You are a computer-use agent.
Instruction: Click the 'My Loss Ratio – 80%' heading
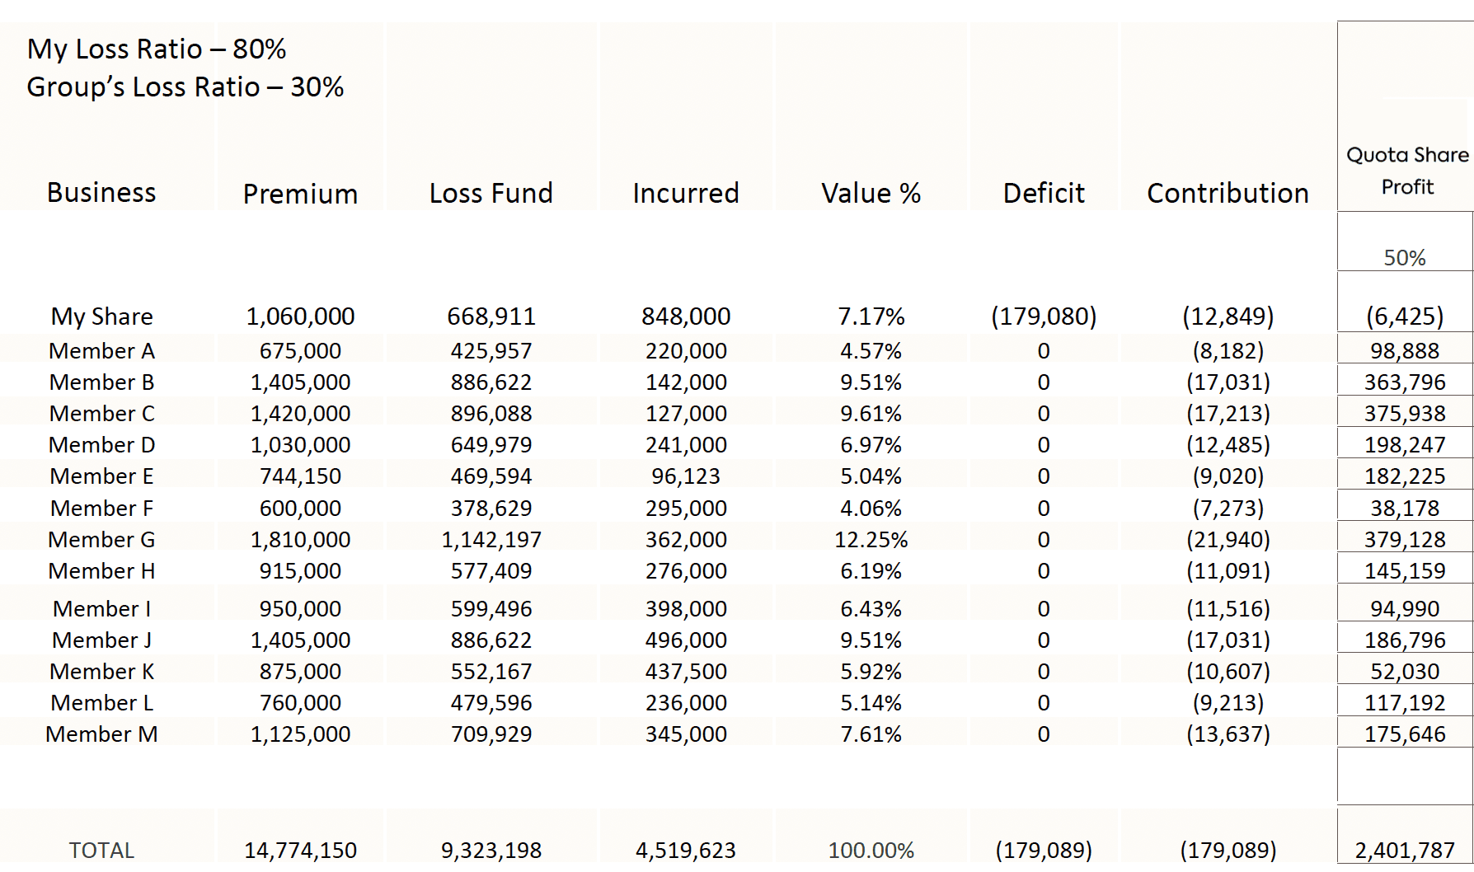(157, 49)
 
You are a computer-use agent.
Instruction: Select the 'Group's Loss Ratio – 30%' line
(185, 87)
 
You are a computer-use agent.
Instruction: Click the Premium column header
(300, 194)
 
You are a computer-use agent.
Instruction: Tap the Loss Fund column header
(491, 193)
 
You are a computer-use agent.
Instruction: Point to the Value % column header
(871, 193)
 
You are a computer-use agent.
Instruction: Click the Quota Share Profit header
(1406, 171)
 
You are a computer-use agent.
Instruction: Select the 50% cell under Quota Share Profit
(1405, 258)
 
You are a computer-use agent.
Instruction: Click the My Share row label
(102, 316)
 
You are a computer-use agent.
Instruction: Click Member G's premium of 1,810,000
(300, 540)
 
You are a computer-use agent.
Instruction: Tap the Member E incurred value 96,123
(686, 476)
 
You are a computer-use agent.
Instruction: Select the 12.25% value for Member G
(871, 540)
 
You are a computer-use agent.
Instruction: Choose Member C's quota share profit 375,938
(1405, 414)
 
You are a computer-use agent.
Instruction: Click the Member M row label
(101, 734)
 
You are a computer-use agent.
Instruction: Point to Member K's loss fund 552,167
(491, 672)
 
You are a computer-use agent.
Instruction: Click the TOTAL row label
(101, 851)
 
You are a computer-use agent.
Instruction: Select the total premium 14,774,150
(300, 851)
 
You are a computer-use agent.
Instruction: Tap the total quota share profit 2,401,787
(1405, 851)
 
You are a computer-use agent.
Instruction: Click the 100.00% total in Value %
(871, 851)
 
